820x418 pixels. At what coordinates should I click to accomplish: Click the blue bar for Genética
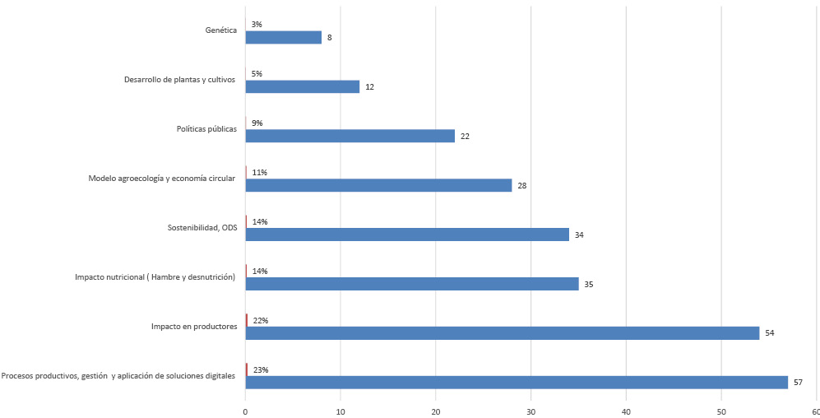tap(283, 37)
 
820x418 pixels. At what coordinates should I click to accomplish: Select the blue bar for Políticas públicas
tap(350, 136)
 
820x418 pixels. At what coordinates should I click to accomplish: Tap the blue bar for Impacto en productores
tap(502, 333)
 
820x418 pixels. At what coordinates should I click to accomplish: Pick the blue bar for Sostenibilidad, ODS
tap(407, 235)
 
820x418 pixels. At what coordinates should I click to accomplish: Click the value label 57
tap(799, 383)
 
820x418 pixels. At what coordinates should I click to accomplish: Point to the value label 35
tap(588, 285)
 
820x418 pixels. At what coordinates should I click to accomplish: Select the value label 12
tap(370, 87)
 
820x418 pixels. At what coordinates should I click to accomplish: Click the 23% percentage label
tap(261, 370)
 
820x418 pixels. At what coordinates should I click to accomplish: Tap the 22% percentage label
tap(261, 321)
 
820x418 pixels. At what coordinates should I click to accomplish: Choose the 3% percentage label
tap(257, 25)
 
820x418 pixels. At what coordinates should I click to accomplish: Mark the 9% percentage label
tap(257, 123)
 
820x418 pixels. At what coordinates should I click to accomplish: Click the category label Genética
tap(221, 30)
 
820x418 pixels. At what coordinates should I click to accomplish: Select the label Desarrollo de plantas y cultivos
tap(180, 80)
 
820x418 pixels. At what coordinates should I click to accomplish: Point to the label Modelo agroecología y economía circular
tap(162, 179)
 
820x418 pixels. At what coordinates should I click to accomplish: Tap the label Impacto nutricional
tap(155, 277)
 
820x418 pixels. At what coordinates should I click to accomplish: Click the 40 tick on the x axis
tap(626, 411)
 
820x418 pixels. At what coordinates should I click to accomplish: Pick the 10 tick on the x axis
tap(341, 411)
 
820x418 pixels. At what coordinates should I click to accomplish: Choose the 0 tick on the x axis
tap(245, 411)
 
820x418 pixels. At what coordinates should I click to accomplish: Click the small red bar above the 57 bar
tap(246, 369)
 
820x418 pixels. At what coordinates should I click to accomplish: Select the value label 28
tap(521, 186)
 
